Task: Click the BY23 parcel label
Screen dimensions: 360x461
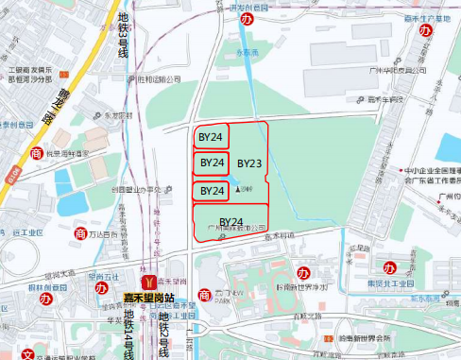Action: click(248, 164)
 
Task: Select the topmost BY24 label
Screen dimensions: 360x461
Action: click(211, 138)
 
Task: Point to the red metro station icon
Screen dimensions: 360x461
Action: click(146, 282)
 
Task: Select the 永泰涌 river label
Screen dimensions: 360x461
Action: click(248, 53)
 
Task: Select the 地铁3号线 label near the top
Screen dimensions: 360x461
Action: click(122, 38)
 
